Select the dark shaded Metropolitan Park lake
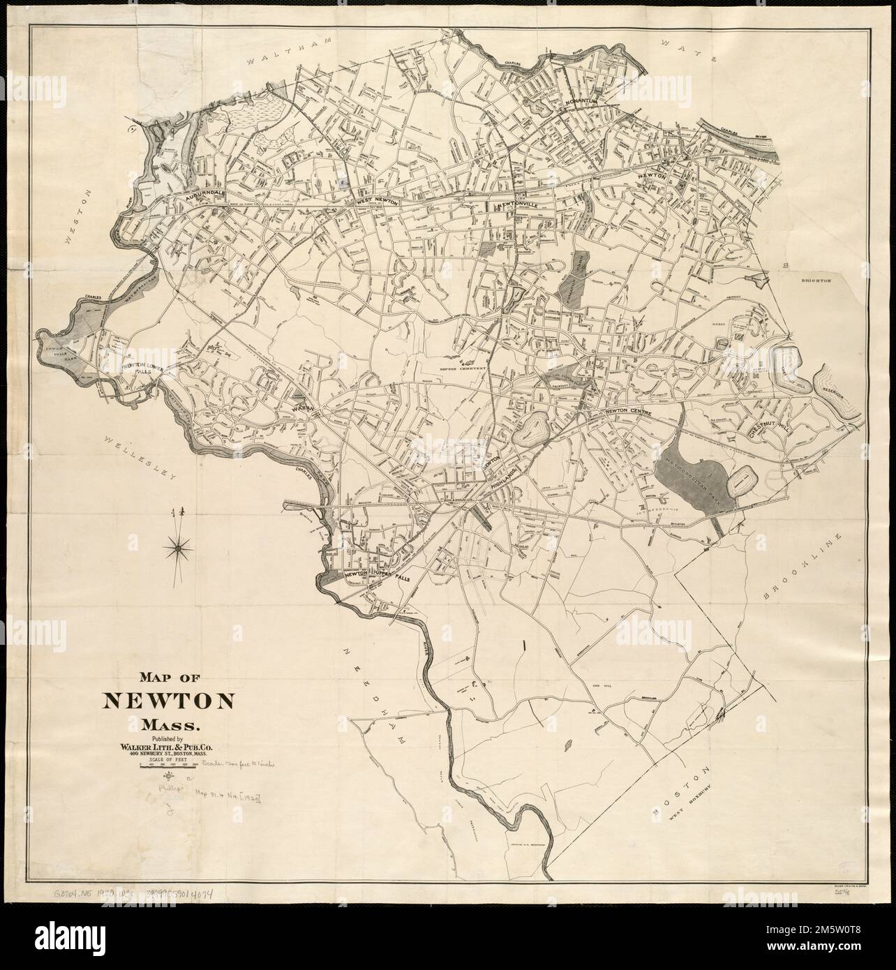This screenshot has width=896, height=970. [x=687, y=481]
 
